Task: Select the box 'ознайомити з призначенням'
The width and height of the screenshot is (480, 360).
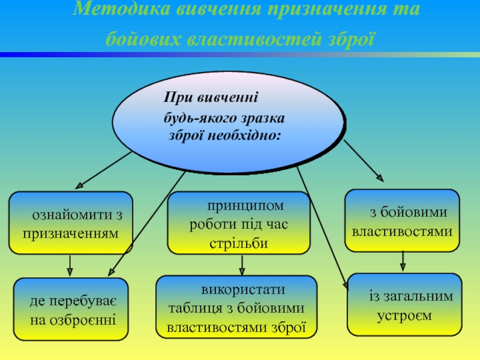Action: click(x=71, y=222)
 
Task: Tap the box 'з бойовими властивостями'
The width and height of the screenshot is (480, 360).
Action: click(x=402, y=220)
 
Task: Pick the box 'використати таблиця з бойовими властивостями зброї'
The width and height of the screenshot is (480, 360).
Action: click(x=236, y=307)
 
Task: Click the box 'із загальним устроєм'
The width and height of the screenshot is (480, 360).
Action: click(x=404, y=304)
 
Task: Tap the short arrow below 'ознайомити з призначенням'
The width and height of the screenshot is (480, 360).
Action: click(x=71, y=266)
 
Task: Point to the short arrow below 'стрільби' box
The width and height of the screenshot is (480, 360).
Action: click(x=242, y=265)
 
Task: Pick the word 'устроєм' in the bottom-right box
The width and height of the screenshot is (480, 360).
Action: click(x=404, y=315)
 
